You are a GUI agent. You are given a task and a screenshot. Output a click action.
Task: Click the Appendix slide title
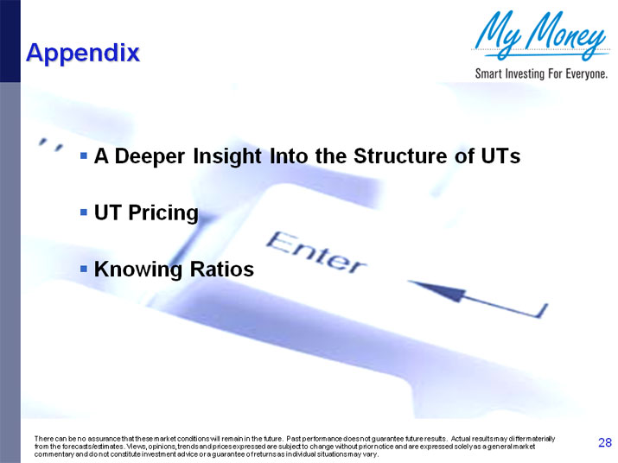[83, 53]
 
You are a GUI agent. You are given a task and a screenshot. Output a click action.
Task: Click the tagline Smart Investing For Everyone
[542, 73]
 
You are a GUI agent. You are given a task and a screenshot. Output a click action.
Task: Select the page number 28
[604, 443]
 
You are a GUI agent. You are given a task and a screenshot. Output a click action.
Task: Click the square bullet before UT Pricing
[84, 212]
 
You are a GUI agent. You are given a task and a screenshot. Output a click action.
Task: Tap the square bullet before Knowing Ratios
[84, 268]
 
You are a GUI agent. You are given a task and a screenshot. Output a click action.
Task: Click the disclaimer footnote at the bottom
[294, 447]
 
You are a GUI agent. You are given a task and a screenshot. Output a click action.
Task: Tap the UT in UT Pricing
[106, 212]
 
